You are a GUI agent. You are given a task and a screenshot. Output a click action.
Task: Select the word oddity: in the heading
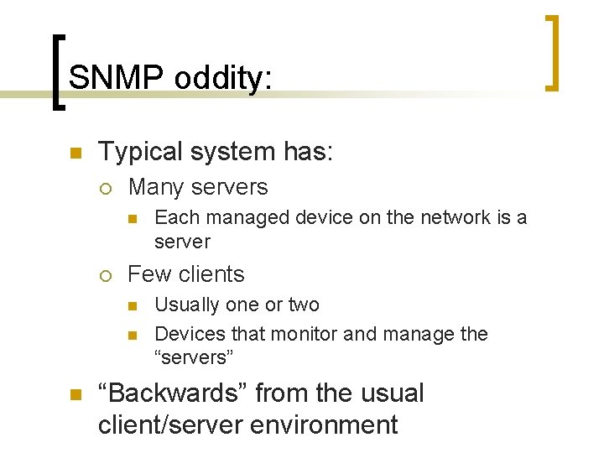click(223, 78)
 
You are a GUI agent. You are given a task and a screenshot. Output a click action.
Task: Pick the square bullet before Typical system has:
click(75, 154)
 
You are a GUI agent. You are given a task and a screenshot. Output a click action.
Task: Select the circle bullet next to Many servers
click(105, 188)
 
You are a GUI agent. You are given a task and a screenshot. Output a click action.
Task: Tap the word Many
click(156, 187)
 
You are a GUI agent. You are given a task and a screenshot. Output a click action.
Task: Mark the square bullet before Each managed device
click(133, 219)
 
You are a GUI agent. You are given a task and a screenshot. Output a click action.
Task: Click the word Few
click(148, 274)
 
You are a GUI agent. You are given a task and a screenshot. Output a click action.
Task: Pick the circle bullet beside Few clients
click(105, 275)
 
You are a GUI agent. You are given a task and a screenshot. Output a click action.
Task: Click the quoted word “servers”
click(194, 357)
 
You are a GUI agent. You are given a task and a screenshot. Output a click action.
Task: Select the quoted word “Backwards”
click(173, 393)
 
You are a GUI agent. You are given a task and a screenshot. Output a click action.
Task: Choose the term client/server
click(172, 424)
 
